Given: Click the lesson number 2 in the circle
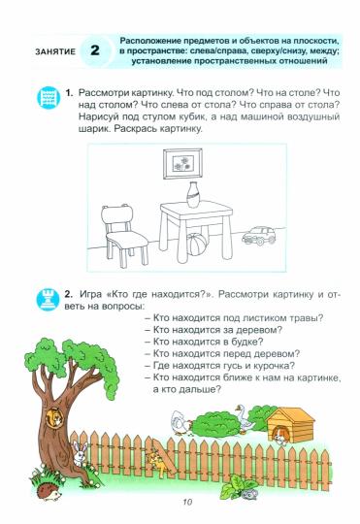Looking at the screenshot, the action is (x=95, y=50).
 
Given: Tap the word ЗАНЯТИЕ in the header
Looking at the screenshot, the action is (x=55, y=51).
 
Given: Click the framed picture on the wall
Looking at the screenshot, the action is (x=182, y=164).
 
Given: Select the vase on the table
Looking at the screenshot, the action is (x=193, y=194).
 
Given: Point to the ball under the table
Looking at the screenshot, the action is (x=197, y=244).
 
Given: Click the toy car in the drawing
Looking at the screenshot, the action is (x=259, y=235).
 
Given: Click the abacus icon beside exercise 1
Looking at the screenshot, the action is (x=49, y=98).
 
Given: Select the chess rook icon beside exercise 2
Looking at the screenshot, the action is (x=49, y=300).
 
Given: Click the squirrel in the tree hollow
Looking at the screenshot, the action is (x=54, y=417).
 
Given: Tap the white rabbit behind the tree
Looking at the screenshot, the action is (x=80, y=452).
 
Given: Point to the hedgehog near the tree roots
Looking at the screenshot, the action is (x=49, y=492).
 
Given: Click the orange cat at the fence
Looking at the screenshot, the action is (x=158, y=462).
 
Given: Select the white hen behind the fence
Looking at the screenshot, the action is (x=180, y=422).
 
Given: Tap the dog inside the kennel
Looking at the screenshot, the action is (x=280, y=437).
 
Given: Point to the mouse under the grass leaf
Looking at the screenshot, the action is (x=248, y=494).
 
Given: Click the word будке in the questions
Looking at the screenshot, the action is (x=246, y=342).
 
